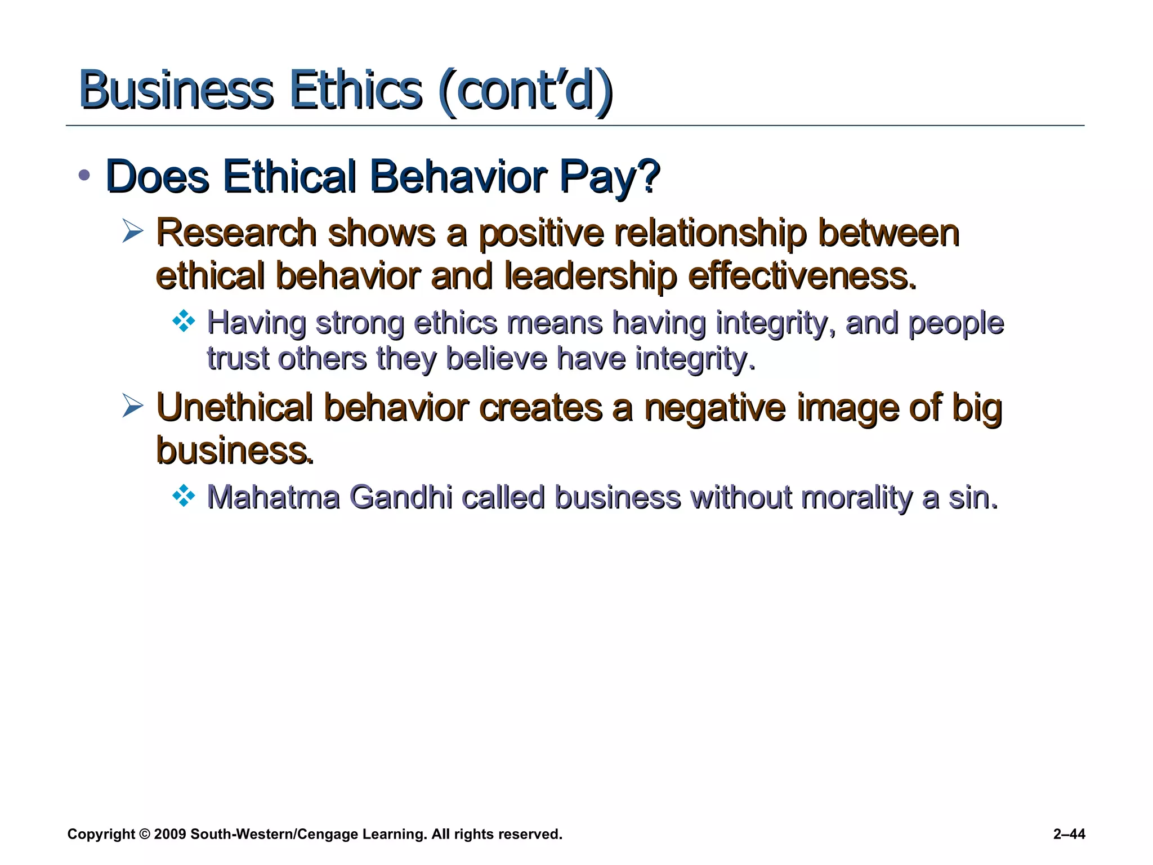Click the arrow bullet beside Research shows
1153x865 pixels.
click(x=133, y=231)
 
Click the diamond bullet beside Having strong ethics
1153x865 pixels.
click(x=184, y=322)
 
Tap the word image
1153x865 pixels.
click(x=848, y=408)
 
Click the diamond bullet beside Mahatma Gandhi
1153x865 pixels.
click(x=184, y=496)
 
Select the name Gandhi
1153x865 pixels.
click(x=400, y=497)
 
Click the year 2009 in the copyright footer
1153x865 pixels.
click(x=169, y=834)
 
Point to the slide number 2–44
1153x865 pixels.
click(x=1069, y=834)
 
